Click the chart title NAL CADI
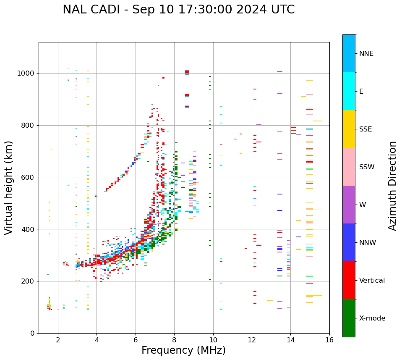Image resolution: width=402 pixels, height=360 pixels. point(178,10)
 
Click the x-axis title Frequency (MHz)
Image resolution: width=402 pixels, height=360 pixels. point(183,350)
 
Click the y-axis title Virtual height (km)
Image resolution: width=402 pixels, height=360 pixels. point(9,187)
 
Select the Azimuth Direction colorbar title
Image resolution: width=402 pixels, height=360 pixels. point(392,186)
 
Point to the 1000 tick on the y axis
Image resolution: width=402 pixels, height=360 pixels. point(28,73)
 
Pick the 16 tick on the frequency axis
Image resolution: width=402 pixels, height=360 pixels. point(329,340)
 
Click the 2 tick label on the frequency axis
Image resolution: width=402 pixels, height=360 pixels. point(58,340)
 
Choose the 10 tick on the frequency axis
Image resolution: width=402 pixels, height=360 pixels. point(213,340)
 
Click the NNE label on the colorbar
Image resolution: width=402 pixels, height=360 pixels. point(366,54)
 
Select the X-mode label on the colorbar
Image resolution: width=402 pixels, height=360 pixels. point(372,318)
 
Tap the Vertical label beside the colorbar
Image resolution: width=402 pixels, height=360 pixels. point(372,281)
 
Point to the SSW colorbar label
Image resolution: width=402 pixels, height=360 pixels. point(367,167)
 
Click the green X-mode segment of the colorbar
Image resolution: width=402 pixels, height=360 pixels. point(349,318)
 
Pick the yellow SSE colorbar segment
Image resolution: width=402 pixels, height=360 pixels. point(349,129)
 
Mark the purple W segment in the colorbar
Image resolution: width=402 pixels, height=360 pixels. point(349,205)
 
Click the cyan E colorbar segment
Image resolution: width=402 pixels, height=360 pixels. point(349,91)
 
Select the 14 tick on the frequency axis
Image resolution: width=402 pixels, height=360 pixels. point(291,340)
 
